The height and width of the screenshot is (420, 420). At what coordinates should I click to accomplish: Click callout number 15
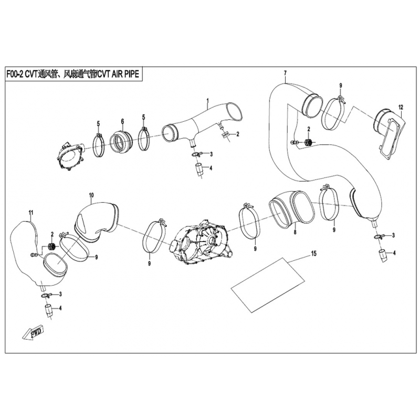coord(313,253)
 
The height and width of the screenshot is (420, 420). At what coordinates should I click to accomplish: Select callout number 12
coord(401,108)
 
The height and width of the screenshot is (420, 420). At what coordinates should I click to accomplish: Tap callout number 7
coord(285,73)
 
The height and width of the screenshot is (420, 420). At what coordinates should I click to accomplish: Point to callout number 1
coord(207,100)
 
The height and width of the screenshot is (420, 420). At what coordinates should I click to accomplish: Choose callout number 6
coord(122,121)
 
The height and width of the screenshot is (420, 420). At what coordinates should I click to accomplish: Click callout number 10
coord(91,195)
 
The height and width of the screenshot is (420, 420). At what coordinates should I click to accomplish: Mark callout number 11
coord(31,213)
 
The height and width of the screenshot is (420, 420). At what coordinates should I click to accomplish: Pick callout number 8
coord(295,232)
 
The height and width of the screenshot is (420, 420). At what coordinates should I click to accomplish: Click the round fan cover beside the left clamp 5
coord(70,156)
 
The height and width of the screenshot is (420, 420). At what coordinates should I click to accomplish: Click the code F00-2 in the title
coord(15,74)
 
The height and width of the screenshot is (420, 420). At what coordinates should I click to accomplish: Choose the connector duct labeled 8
coord(291,209)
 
